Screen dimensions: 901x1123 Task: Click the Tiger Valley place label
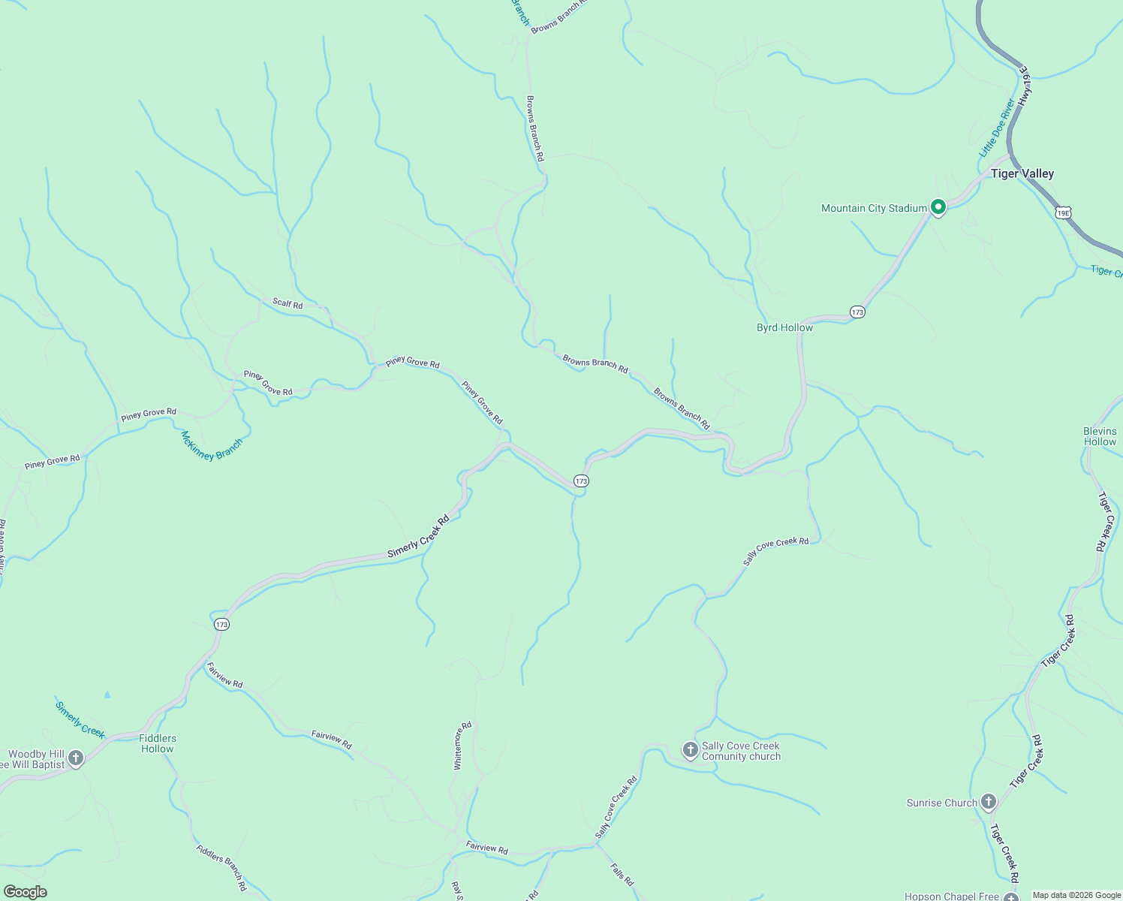point(1022,174)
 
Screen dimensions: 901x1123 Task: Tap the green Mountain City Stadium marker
point(938,206)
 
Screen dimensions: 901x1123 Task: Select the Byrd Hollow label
point(784,328)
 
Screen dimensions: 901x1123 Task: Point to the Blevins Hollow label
point(1100,436)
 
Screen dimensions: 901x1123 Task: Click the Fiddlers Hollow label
point(157,743)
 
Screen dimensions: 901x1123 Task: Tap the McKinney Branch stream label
point(212,445)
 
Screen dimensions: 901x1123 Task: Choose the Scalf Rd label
point(288,303)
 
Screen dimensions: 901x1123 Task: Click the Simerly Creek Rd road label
point(418,536)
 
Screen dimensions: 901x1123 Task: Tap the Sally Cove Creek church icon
point(690,749)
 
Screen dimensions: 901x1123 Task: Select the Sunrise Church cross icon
point(989,802)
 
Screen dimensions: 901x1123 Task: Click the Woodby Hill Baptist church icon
point(75,758)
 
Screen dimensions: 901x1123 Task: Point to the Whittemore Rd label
point(462,746)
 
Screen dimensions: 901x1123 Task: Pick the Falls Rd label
point(622,874)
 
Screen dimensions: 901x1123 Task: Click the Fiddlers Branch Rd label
point(221,868)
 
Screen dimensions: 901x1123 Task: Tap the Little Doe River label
point(996,128)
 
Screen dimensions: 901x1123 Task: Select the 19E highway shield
point(1062,213)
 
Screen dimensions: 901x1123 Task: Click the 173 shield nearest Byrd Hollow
point(857,312)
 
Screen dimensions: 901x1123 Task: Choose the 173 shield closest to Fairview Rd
point(221,624)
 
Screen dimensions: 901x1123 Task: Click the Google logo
point(25,892)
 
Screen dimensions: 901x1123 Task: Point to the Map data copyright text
point(1076,895)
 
